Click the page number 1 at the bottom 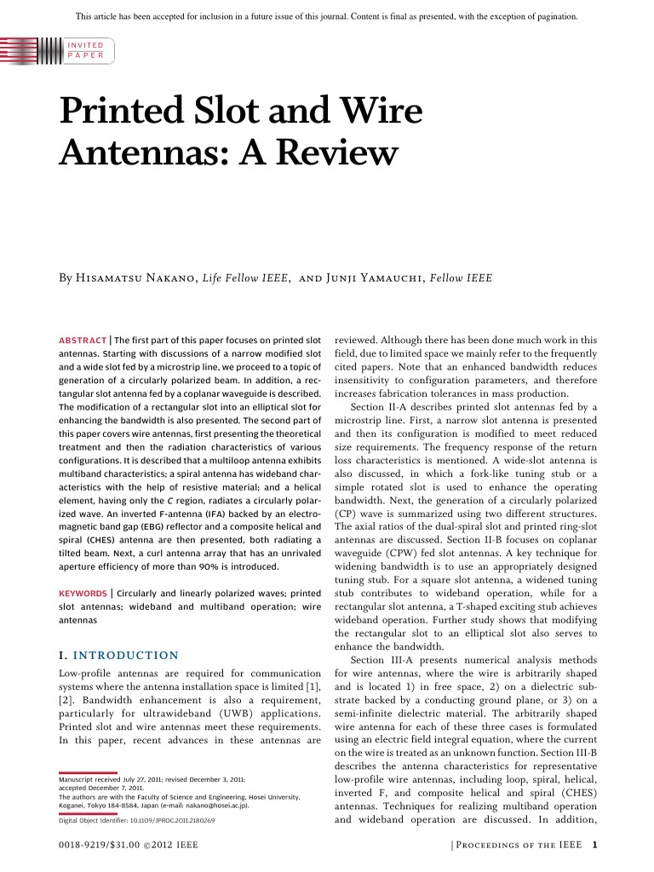595,845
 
